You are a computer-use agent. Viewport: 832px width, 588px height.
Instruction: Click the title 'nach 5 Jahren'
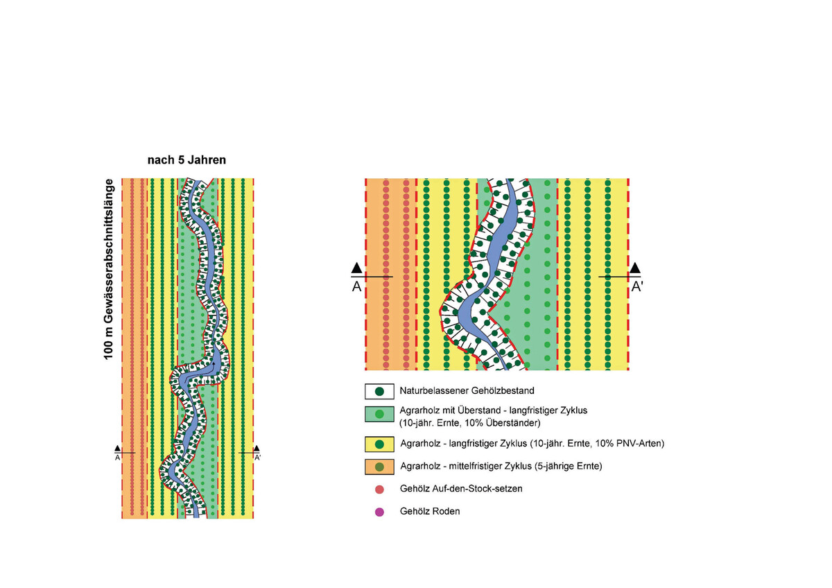[187, 160]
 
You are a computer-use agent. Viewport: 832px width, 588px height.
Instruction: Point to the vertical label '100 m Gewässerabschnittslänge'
[108, 269]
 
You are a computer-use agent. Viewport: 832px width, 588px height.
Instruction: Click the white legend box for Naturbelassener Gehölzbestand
[379, 391]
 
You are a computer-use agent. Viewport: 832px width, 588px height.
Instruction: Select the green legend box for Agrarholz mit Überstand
[379, 414]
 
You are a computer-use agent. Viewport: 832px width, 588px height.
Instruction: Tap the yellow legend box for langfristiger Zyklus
[379, 444]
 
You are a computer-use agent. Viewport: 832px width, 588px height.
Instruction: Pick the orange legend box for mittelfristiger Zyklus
[379, 467]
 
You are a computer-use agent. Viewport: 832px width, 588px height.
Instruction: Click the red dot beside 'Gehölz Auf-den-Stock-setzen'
[379, 490]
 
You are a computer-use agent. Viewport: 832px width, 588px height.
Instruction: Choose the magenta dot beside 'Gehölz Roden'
[379, 512]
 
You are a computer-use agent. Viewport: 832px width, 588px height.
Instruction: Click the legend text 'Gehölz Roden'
[430, 512]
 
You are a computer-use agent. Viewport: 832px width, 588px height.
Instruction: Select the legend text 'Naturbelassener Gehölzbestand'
[467, 391]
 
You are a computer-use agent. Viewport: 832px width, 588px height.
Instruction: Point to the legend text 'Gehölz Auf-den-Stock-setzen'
[461, 488]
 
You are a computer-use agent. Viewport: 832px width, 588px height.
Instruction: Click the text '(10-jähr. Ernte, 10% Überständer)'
[470, 423]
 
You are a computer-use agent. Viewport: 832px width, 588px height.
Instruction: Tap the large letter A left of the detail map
[356, 287]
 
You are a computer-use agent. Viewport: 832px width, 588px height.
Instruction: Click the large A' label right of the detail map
[637, 287]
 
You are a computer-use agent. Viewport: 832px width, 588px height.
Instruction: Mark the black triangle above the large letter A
[356, 268]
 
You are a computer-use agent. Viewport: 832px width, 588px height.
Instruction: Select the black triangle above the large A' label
[635, 268]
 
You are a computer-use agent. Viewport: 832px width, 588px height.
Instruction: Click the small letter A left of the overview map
[117, 458]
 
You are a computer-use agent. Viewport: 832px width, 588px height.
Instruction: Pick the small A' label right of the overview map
[257, 458]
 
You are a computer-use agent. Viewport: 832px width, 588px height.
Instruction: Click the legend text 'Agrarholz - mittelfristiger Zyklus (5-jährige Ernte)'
[501, 466]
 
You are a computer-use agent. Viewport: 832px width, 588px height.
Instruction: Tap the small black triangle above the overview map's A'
[257, 449]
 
